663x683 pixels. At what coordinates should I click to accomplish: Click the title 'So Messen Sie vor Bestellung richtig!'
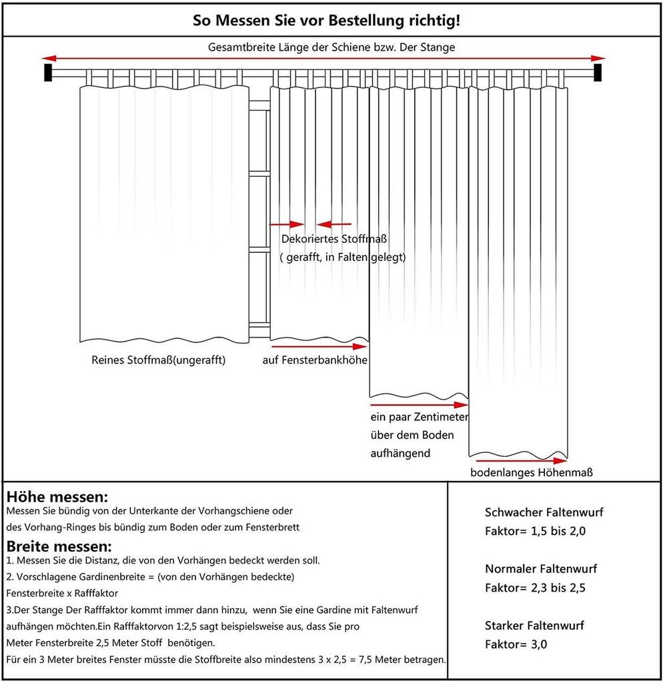click(326, 20)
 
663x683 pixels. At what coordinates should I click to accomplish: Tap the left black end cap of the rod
click(48, 72)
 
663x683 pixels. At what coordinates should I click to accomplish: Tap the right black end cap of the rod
click(598, 72)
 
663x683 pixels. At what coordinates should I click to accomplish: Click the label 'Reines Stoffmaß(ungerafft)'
click(159, 360)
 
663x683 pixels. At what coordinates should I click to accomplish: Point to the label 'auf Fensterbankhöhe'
click(314, 360)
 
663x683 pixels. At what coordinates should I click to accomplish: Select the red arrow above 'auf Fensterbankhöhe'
click(319, 347)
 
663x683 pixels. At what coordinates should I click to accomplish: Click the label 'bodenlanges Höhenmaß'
click(532, 473)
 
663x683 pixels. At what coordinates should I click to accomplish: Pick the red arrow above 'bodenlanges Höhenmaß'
click(521, 460)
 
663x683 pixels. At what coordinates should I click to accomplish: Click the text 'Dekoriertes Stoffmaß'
click(334, 239)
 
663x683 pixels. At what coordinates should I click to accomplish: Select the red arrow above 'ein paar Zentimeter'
click(419, 404)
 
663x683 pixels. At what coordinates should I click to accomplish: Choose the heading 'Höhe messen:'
click(57, 497)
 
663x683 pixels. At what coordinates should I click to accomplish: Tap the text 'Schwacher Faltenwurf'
click(544, 513)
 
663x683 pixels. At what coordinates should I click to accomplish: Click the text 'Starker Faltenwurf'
click(534, 626)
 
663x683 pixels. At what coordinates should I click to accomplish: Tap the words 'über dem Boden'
click(412, 435)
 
